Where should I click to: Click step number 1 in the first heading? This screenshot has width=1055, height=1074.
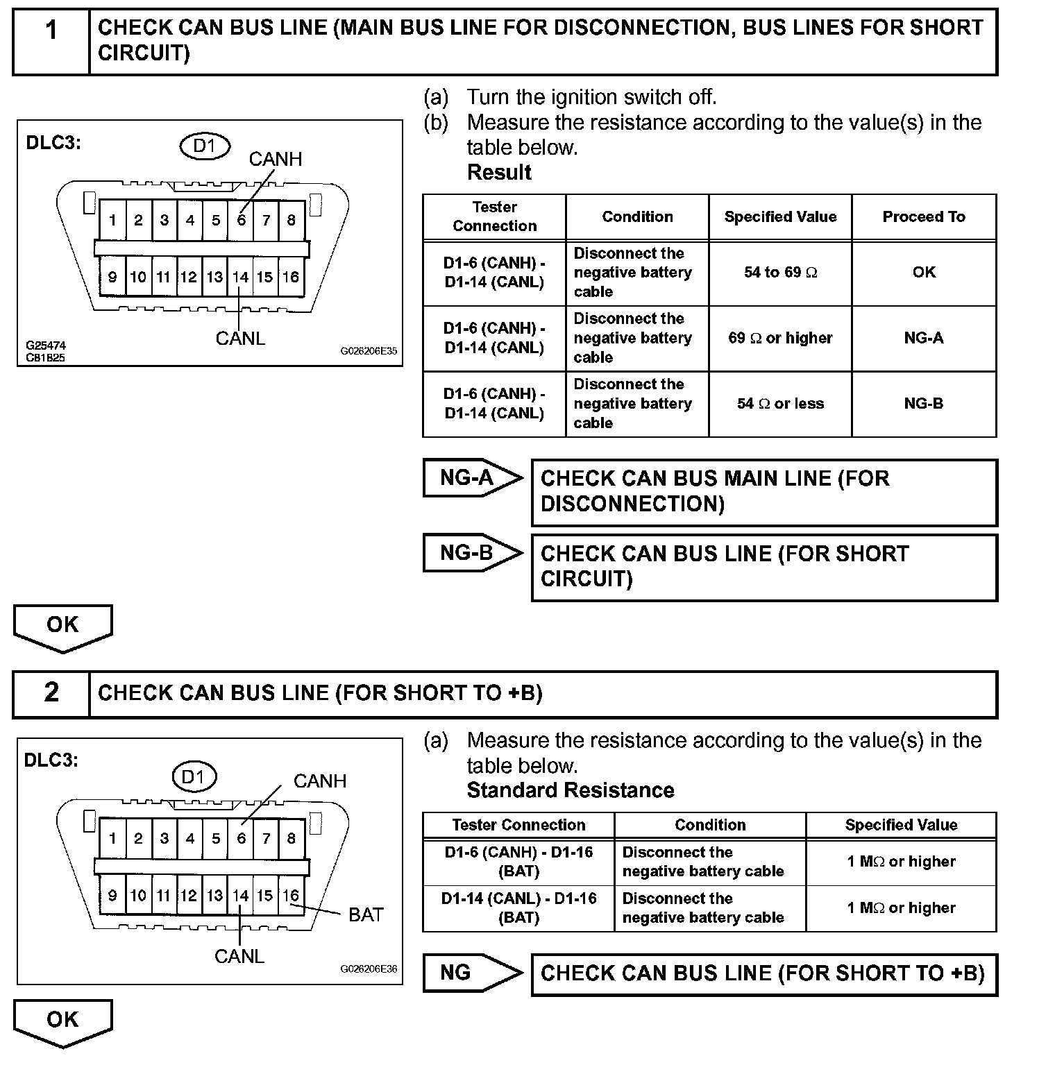pos(51,31)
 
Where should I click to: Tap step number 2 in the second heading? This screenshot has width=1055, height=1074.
pos(51,692)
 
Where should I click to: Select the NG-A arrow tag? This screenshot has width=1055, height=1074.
pos(471,478)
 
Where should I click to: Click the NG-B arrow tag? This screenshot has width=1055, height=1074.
pos(471,553)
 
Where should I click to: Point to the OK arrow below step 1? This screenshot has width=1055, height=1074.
pos(62,626)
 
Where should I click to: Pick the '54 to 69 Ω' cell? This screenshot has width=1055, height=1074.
pos(780,273)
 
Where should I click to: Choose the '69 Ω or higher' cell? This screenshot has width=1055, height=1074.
pos(780,339)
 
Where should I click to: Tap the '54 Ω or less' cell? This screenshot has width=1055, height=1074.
pos(780,404)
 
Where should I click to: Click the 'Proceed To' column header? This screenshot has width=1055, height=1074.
pos(924,217)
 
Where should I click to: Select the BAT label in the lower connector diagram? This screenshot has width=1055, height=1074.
pos(366,915)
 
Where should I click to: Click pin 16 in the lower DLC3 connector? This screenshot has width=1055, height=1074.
pos(291,896)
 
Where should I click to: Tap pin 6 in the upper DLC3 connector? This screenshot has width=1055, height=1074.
pos(241,221)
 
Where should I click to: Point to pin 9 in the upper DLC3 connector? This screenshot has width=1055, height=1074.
pos(112,278)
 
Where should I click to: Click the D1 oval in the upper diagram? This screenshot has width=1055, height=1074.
pos(205,146)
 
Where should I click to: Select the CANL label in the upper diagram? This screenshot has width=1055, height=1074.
pos(240,339)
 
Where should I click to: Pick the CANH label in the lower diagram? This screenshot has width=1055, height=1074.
pos(320,781)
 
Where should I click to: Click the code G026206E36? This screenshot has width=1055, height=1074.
pos(369,969)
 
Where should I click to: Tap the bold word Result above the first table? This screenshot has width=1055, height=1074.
pos(499,173)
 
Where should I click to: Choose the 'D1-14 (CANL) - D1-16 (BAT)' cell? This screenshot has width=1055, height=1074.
pos(518,908)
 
